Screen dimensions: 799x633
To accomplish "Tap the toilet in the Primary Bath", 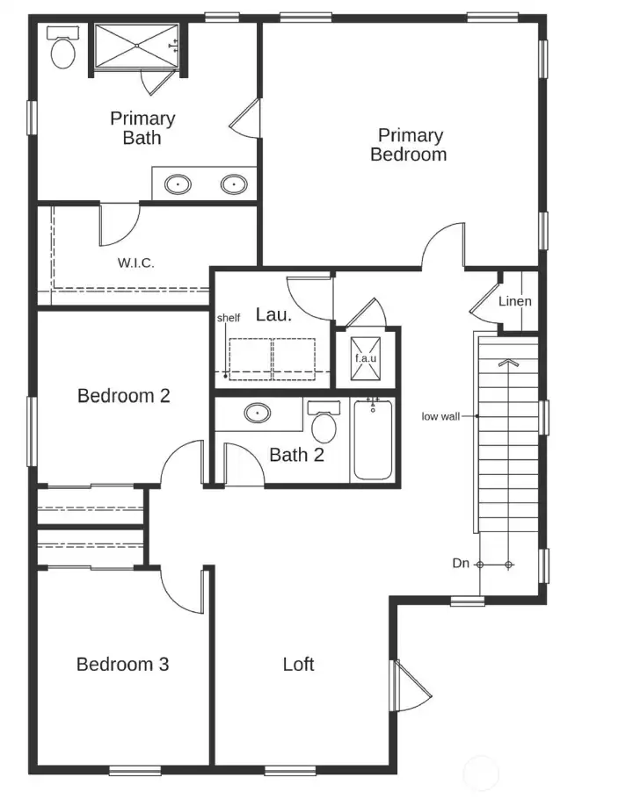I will pyautogui.click(x=62, y=51).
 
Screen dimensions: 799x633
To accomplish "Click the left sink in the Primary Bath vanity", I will pyautogui.click(x=179, y=184).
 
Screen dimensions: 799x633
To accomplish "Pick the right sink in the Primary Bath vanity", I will pyautogui.click(x=234, y=184).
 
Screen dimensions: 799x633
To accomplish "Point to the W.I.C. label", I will pyautogui.click(x=136, y=263).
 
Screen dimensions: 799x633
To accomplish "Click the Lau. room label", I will pyautogui.click(x=273, y=314).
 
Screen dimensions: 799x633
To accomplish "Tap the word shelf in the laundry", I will pyautogui.click(x=229, y=318).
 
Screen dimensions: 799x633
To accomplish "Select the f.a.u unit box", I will pyautogui.click(x=366, y=357).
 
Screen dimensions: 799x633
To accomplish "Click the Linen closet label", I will pyautogui.click(x=515, y=301).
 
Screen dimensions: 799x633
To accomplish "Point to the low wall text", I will pyautogui.click(x=440, y=416).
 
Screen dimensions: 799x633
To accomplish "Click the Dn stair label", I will pyautogui.click(x=461, y=564).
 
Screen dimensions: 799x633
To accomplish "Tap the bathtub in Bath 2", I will pyautogui.click(x=373, y=439).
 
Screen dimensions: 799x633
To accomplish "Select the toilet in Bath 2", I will pyautogui.click(x=324, y=423).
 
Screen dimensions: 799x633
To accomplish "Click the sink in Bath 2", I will pyautogui.click(x=258, y=413).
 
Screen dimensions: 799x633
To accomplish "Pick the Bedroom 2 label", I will pyautogui.click(x=124, y=396).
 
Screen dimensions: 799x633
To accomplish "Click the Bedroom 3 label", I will pyautogui.click(x=122, y=664).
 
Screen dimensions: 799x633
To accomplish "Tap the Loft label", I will pyautogui.click(x=298, y=664).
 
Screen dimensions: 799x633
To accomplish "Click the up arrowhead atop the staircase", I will pyautogui.click(x=508, y=361).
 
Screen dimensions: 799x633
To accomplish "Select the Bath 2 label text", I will pyautogui.click(x=296, y=455).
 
